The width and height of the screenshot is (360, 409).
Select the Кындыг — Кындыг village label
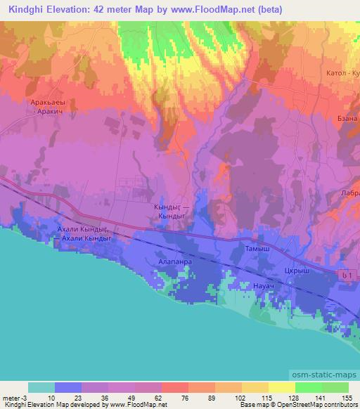(x=169, y=212)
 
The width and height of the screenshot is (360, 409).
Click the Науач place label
(x=262, y=286)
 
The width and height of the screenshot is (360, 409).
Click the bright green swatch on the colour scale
(x=308, y=387)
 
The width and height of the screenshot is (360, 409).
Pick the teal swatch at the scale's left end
(x=41, y=387)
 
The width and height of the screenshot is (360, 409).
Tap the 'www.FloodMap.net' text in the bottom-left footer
(x=139, y=405)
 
